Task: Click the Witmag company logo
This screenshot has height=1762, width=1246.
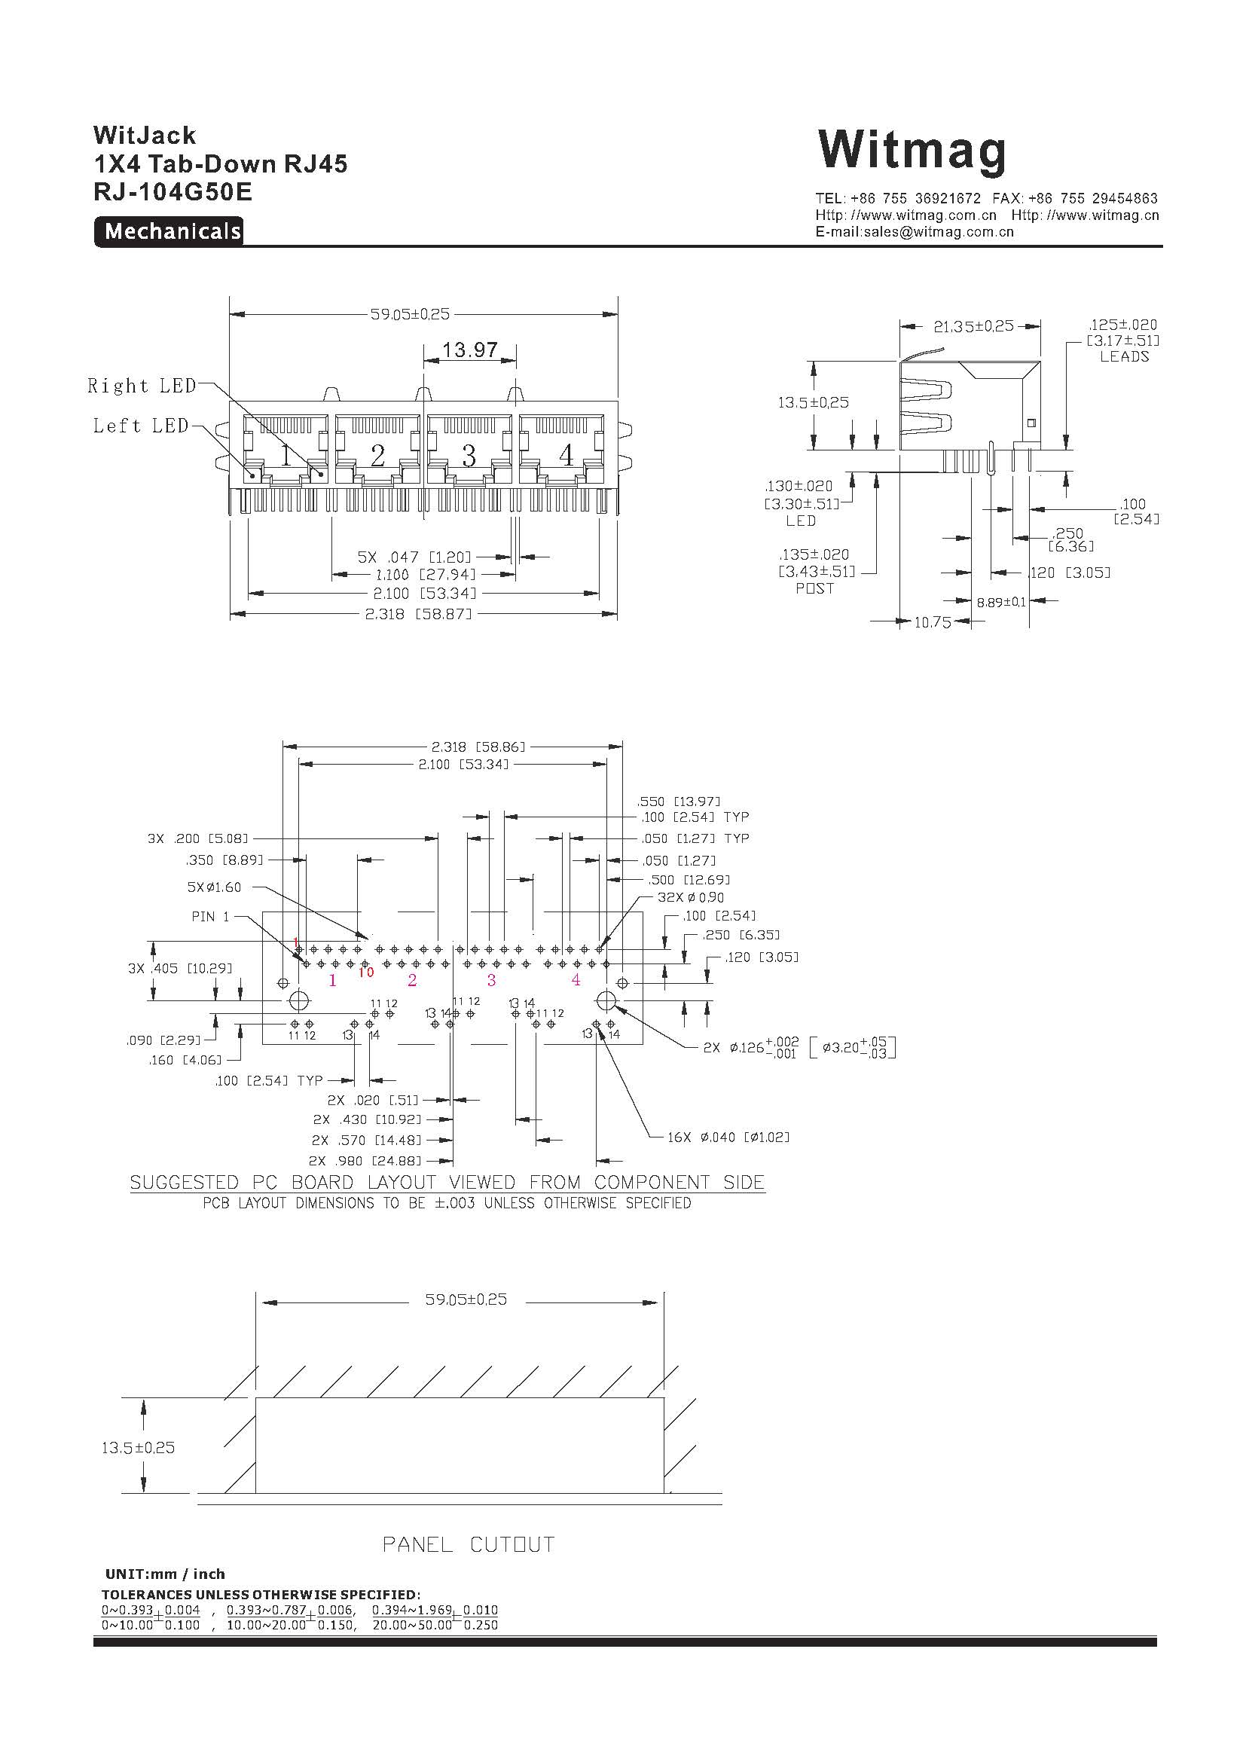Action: (912, 151)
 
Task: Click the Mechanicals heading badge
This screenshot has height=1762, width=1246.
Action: (169, 231)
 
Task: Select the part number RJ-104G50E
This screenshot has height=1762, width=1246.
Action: (173, 192)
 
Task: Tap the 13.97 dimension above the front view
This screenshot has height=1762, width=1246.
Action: (469, 350)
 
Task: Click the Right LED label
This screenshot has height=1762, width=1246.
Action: (142, 385)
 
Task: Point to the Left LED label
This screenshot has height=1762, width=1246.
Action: (141, 425)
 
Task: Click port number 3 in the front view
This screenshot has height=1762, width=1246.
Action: (469, 456)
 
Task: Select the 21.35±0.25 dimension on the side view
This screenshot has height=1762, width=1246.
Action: (973, 326)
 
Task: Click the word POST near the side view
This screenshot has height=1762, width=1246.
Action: (815, 588)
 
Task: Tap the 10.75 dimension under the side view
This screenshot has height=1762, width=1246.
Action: (933, 622)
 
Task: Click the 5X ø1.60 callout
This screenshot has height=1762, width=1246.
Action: (214, 887)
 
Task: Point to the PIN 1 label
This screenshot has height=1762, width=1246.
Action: (210, 916)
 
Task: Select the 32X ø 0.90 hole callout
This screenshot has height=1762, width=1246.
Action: (691, 897)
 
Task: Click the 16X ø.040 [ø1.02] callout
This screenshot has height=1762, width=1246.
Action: (728, 1137)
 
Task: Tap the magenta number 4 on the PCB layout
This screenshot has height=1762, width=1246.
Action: (576, 979)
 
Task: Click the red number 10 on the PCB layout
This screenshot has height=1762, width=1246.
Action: (365, 973)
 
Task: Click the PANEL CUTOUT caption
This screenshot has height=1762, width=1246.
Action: (469, 1544)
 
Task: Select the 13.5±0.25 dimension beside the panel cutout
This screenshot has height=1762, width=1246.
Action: (138, 1447)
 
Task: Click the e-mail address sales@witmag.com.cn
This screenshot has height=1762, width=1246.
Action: (915, 232)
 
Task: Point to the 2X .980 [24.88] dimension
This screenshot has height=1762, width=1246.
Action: (365, 1161)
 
